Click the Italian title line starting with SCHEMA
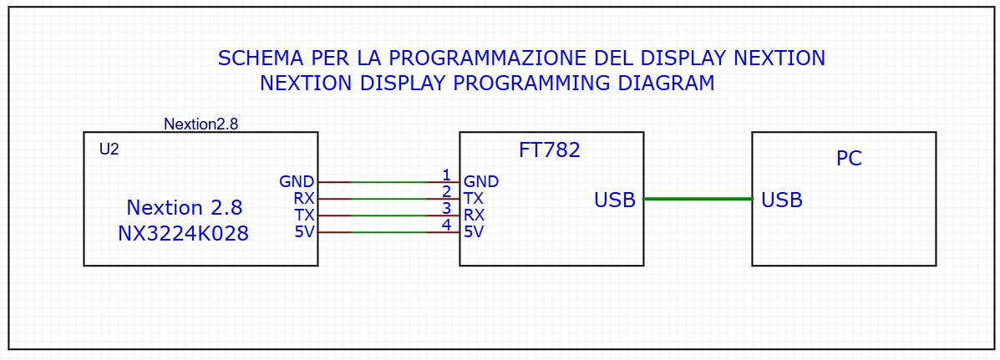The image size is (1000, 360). (521, 58)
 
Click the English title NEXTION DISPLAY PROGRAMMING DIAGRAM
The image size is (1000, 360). (487, 83)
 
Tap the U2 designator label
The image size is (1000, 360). (109, 150)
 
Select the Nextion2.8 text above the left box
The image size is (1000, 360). (201, 124)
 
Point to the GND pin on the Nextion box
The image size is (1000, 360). (297, 181)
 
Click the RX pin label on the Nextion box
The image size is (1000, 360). (303, 198)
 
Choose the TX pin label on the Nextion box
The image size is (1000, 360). (303, 215)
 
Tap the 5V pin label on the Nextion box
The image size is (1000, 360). (304, 232)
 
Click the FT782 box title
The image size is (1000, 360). (549, 150)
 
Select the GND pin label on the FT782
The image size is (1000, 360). (481, 181)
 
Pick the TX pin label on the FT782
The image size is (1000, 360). (473, 198)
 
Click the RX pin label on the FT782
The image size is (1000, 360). (474, 215)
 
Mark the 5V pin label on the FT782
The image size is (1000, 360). (473, 232)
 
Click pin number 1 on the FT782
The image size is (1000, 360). (446, 175)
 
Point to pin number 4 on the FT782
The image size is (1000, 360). (446, 225)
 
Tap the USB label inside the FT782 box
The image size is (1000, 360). (615, 200)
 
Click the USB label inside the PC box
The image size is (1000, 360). (782, 200)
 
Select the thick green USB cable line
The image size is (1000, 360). (698, 199)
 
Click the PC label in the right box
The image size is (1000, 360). (850, 159)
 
